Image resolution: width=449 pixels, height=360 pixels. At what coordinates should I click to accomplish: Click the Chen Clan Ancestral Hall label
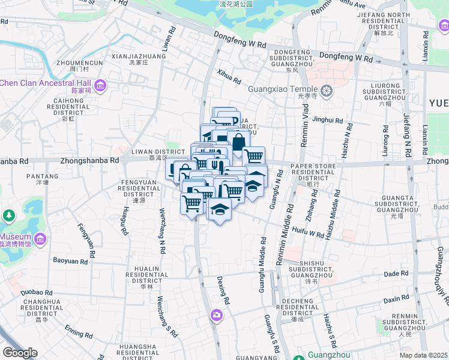coord(46,83)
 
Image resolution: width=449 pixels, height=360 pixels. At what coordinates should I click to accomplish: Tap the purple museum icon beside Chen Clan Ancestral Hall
coord(100,86)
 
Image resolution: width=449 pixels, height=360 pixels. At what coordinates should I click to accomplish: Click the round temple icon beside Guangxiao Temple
coord(327,92)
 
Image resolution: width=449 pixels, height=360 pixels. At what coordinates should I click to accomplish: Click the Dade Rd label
coord(396,274)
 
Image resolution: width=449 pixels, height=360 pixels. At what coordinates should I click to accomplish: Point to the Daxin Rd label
coord(396,298)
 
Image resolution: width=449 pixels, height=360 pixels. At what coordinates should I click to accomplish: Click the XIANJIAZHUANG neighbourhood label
coord(139,56)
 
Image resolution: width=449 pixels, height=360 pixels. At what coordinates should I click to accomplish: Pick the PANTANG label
coord(42,176)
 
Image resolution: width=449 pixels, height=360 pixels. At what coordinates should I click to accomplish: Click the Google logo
coord(20,353)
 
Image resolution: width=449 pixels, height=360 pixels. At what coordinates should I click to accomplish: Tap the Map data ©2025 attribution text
coord(423,355)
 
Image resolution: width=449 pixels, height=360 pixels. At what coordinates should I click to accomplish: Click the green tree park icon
coord(8,215)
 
